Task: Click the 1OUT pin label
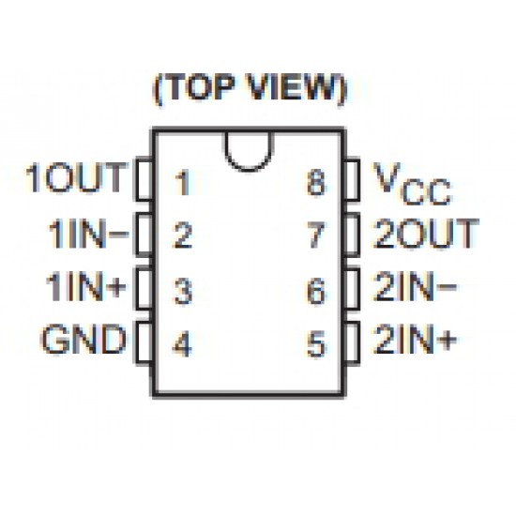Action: point(76,177)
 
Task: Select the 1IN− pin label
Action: point(88,235)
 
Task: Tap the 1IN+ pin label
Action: point(86,287)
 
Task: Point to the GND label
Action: point(83,339)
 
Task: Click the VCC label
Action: point(412,183)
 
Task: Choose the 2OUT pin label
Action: point(426,234)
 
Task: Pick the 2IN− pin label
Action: point(415,286)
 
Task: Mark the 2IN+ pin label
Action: point(415,339)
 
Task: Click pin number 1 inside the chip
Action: point(183,183)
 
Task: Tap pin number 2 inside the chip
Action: point(182,235)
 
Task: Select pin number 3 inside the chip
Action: point(183,291)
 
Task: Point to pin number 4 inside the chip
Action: point(182,344)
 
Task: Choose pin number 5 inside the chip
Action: point(316,344)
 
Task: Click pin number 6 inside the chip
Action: point(316,291)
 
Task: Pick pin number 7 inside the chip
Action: point(316,235)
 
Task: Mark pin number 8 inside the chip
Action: point(316,182)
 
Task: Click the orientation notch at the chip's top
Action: point(249,170)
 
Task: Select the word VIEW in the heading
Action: point(291,87)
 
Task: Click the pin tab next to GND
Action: point(144,343)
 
